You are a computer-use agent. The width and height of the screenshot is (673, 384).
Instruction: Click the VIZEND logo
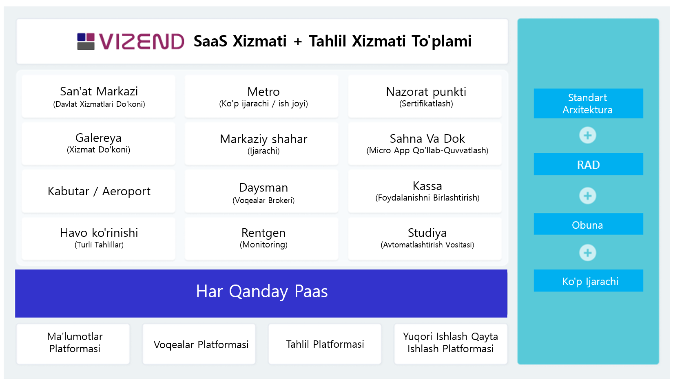[131, 41]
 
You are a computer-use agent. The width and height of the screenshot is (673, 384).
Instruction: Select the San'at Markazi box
[99, 96]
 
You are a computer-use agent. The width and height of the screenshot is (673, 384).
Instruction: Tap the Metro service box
[262, 96]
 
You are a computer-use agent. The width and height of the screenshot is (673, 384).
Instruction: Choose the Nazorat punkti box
[425, 96]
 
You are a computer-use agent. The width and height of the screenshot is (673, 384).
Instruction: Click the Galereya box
[99, 143]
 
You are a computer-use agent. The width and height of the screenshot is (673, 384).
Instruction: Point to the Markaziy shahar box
[262, 143]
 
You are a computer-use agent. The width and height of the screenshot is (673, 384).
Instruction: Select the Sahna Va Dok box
[425, 143]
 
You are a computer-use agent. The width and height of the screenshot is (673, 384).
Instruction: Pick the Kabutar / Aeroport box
[99, 191]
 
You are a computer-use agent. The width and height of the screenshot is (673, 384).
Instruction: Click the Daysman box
[262, 191]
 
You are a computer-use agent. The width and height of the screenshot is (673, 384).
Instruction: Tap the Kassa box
[425, 191]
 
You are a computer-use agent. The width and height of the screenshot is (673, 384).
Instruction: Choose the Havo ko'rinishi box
[99, 239]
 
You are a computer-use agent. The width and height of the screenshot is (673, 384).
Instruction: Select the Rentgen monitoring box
[262, 239]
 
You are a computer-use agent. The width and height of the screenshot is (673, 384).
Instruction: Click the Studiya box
[425, 239]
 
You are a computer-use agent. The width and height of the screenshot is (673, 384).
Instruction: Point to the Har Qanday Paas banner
[261, 294]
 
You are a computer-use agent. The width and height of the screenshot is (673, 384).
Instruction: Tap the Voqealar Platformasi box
[199, 344]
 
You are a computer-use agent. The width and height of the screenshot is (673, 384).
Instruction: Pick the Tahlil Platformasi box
[325, 344]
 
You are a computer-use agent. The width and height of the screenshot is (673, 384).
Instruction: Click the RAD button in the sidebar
[588, 164]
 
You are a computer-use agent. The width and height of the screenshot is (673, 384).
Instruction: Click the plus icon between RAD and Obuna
[588, 196]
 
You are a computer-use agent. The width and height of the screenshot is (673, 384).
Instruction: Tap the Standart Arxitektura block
[588, 103]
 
